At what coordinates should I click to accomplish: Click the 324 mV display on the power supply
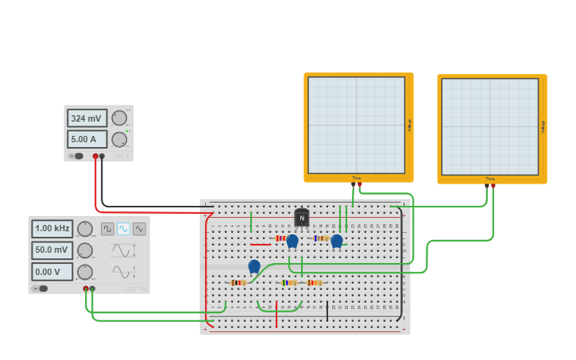87,118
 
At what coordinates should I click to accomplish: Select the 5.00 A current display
87,139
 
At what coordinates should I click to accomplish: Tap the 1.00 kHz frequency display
52,229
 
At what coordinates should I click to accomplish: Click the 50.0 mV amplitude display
52,250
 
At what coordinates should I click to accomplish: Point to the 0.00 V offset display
52,271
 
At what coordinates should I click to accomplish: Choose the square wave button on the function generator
107,229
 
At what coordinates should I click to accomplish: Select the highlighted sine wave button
123,229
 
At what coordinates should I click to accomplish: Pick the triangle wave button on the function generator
139,229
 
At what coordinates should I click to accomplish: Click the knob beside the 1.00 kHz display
84,229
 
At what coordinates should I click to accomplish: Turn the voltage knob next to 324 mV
119,118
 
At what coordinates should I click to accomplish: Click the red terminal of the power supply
95,157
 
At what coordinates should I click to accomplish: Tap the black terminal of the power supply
102,157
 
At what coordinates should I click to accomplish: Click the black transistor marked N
302,218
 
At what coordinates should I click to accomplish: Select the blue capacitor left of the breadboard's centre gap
254,266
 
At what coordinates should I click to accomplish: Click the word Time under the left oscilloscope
357,178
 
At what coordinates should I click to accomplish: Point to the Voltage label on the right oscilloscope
543,126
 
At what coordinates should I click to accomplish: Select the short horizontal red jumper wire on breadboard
260,244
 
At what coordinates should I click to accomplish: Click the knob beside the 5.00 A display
119,139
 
